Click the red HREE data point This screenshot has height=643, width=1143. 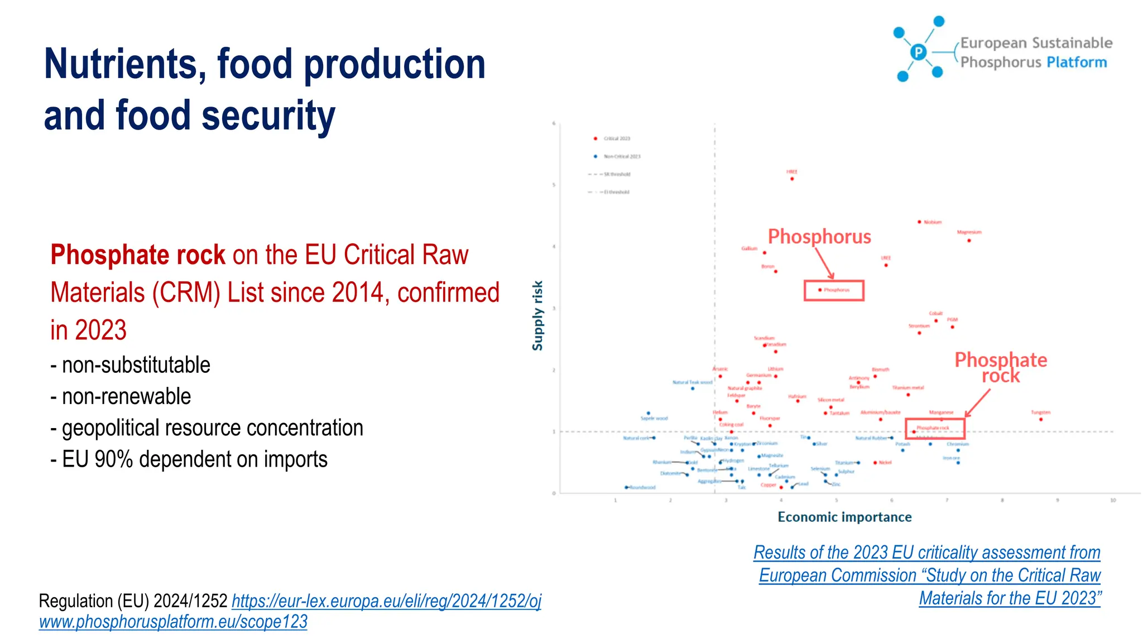pyautogui.click(x=792, y=179)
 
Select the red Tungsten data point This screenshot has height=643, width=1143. pyautogui.click(x=1041, y=419)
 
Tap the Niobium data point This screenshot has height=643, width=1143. pyautogui.click(x=919, y=222)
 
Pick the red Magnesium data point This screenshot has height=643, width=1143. pyautogui.click(x=969, y=241)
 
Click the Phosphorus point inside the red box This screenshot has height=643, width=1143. pyautogui.click(x=820, y=290)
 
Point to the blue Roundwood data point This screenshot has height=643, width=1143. pyautogui.click(x=626, y=487)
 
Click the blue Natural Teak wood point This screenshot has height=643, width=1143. pyautogui.click(x=693, y=388)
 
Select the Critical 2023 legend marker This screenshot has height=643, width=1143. pyautogui.click(x=595, y=138)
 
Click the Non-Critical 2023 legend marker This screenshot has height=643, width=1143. pyautogui.click(x=595, y=156)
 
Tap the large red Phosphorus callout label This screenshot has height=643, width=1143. pyautogui.click(x=819, y=237)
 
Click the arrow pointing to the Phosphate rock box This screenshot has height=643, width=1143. pyautogui.click(x=978, y=402)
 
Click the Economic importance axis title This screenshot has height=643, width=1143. pyautogui.click(x=844, y=517)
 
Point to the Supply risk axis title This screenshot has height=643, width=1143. pyautogui.click(x=537, y=315)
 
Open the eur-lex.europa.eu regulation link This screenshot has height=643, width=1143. pyautogui.click(x=386, y=601)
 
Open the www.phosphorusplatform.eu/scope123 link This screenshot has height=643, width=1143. pyautogui.click(x=173, y=622)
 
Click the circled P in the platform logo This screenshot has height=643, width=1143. pyautogui.click(x=918, y=52)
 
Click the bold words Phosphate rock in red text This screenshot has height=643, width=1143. pyautogui.click(x=138, y=255)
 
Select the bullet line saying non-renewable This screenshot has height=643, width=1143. pyautogui.click(x=126, y=396)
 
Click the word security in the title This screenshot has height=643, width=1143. pyautogui.click(x=267, y=116)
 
